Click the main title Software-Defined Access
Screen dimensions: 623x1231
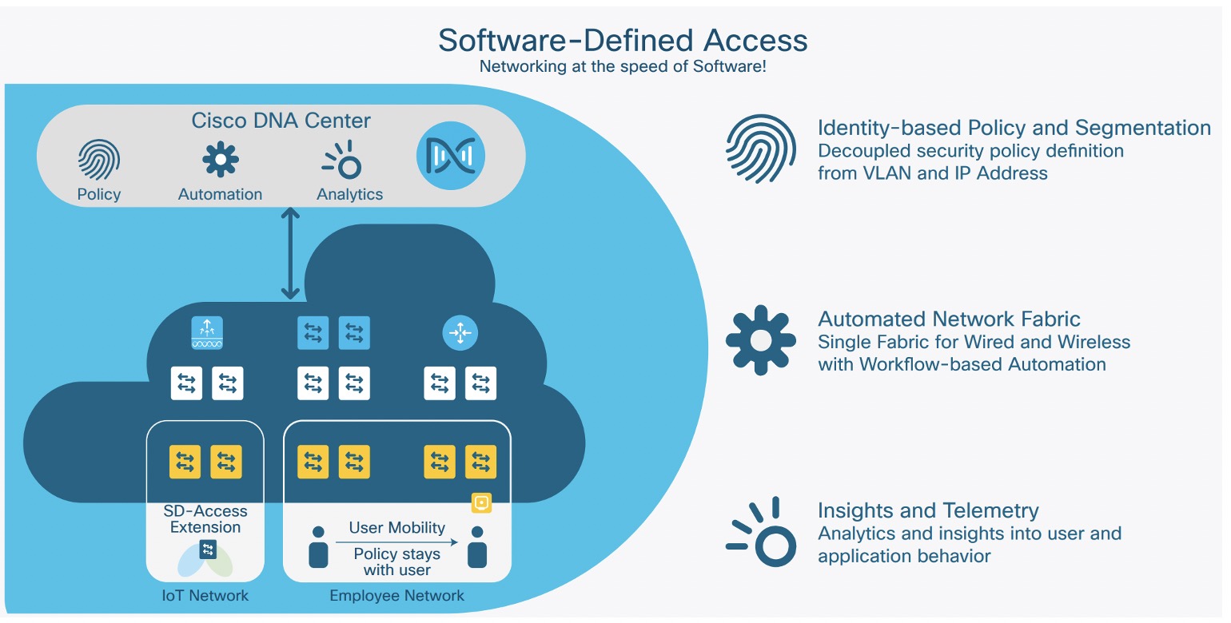click(x=623, y=40)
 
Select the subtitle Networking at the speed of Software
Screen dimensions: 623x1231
click(x=623, y=66)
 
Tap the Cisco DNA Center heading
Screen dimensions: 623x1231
click(x=281, y=121)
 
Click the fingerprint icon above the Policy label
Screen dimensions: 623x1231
click(x=99, y=160)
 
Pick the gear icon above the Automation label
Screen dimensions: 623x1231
click(x=220, y=160)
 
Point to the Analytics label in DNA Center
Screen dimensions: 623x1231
click(x=349, y=194)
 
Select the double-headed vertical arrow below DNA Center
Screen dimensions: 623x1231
click(x=290, y=253)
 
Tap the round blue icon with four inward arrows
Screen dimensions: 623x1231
click(x=460, y=333)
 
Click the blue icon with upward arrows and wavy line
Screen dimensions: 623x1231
click(x=207, y=333)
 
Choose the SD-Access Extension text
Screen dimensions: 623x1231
click(x=205, y=519)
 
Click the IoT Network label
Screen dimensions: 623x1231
click(x=205, y=596)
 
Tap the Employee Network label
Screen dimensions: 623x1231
click(x=396, y=596)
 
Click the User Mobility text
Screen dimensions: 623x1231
click(x=396, y=528)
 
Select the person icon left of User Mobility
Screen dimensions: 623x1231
click(x=318, y=547)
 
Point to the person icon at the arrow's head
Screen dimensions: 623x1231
click(x=477, y=547)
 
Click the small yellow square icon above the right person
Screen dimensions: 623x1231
click(x=482, y=503)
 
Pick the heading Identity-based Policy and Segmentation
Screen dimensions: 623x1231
click(x=1014, y=128)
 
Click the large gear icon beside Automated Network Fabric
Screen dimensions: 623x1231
click(x=760, y=340)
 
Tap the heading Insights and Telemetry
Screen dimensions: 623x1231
click(x=928, y=510)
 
